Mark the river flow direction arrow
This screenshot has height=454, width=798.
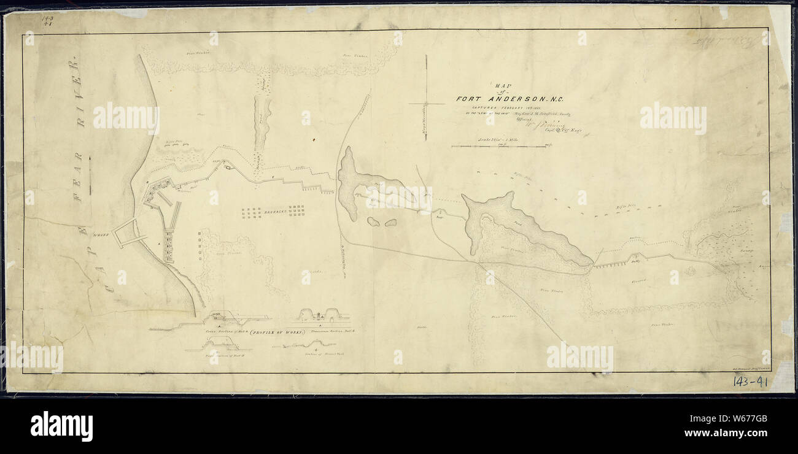(x=90, y=175)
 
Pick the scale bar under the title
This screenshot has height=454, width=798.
(x=498, y=147)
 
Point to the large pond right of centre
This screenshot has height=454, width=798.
(x=522, y=230)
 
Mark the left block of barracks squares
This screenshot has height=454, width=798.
(x=251, y=212)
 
